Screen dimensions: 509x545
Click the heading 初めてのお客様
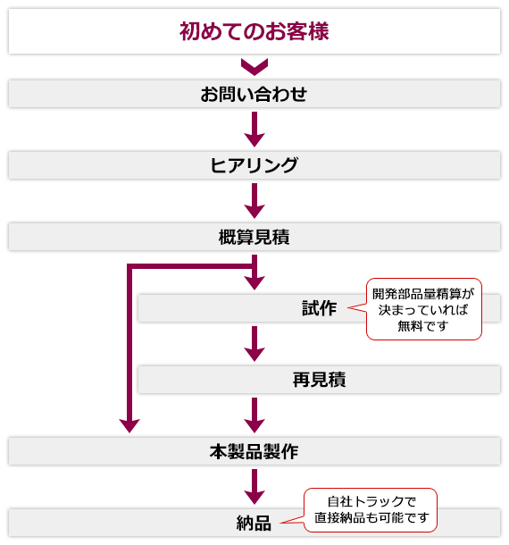pyautogui.click(x=254, y=31)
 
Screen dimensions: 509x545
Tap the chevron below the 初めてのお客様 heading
pyautogui.click(x=254, y=67)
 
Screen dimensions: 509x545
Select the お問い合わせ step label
pyautogui.click(x=254, y=94)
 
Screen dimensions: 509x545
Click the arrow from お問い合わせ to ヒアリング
pyautogui.click(x=254, y=130)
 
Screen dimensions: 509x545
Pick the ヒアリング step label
pyautogui.click(x=254, y=165)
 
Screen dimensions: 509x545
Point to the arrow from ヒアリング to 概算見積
pyautogui.click(x=254, y=201)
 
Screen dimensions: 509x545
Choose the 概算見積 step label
pyautogui.click(x=254, y=237)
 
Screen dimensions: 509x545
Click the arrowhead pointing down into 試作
pyautogui.click(x=254, y=283)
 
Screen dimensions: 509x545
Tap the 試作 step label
pyautogui.click(x=320, y=308)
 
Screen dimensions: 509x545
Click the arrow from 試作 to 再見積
pyautogui.click(x=254, y=344)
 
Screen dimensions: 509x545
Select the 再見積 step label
pyautogui.click(x=320, y=380)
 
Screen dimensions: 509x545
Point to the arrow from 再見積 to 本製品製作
pyautogui.click(x=254, y=415)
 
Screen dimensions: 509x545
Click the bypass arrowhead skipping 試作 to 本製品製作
pyautogui.click(x=129, y=426)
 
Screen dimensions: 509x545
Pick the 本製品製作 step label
pyautogui.click(x=254, y=451)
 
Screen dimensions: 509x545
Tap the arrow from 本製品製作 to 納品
pyautogui.click(x=254, y=487)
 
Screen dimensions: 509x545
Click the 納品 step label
pyautogui.click(x=254, y=523)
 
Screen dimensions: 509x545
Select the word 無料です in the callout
pyautogui.click(x=423, y=326)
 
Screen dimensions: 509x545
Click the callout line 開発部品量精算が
pyautogui.click(x=423, y=294)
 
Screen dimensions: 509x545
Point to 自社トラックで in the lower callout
pyautogui.click(x=371, y=501)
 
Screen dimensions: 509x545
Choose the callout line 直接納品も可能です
pyautogui.click(x=371, y=517)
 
